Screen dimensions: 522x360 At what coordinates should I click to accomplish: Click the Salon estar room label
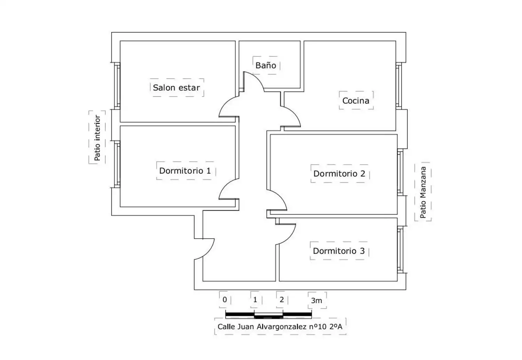pyautogui.click(x=176, y=88)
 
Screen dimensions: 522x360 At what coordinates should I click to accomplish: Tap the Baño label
pyautogui.click(x=266, y=65)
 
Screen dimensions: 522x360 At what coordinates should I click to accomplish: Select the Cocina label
pyautogui.click(x=356, y=101)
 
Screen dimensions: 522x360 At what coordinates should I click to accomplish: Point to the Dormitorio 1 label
pyautogui.click(x=185, y=171)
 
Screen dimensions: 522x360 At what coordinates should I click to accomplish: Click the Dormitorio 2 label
pyautogui.click(x=339, y=174)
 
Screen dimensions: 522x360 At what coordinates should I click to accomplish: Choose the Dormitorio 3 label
pyautogui.click(x=339, y=251)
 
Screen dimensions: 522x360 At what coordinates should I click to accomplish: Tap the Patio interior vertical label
pyautogui.click(x=97, y=138)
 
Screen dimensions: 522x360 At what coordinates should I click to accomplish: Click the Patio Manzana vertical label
pyautogui.click(x=423, y=192)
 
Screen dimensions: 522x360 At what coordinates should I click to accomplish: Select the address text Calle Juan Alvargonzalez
pyautogui.click(x=262, y=327)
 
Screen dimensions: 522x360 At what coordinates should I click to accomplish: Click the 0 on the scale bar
pyautogui.click(x=225, y=299)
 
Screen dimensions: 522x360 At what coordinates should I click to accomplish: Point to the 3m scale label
pyautogui.click(x=316, y=301)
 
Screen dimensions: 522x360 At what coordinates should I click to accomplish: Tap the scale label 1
pyautogui.click(x=255, y=299)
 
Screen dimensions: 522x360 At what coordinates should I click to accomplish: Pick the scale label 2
pyautogui.click(x=282, y=299)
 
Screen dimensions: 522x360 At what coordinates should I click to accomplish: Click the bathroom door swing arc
pyautogui.click(x=258, y=78)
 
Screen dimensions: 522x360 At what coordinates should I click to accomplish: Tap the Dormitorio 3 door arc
pyautogui.click(x=290, y=238)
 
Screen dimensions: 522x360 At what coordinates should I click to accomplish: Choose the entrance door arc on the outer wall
pyautogui.click(x=208, y=253)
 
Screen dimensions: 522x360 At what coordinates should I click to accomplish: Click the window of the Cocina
pyautogui.click(x=399, y=86)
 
